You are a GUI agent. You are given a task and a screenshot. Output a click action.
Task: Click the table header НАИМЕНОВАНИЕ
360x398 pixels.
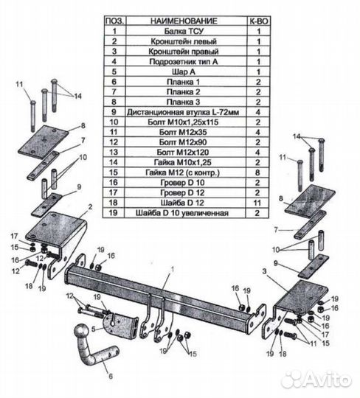184,21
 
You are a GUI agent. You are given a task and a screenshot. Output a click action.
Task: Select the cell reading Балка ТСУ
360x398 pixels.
184,31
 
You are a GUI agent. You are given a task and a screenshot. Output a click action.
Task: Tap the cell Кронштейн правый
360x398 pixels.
184,52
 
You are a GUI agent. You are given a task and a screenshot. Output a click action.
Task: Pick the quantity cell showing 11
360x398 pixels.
257,203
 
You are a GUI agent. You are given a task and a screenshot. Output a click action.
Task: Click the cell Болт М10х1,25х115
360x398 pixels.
183,122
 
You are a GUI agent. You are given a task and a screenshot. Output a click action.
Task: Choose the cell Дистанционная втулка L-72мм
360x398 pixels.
183,112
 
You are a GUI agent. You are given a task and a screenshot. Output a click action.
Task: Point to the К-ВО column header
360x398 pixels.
258,21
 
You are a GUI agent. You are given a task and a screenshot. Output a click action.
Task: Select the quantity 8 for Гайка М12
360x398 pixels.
257,172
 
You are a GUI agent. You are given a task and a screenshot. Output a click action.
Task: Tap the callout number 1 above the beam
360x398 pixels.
173,269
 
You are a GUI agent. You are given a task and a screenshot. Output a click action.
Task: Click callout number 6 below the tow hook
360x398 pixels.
111,376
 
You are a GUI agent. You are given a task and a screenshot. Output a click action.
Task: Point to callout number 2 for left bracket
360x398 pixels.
90,207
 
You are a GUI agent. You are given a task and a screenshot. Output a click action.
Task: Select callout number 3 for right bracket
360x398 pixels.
265,271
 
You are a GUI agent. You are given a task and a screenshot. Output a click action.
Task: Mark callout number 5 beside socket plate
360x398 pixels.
94,329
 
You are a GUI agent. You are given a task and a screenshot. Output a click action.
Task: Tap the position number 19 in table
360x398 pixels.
114,213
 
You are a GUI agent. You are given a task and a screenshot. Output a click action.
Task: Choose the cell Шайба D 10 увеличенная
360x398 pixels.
182,213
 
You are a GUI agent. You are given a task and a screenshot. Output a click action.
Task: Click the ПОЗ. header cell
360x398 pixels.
115,21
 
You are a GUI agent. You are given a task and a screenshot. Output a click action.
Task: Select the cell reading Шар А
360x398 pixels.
184,71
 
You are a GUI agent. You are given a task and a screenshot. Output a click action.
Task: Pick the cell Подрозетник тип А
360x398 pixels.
184,61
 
